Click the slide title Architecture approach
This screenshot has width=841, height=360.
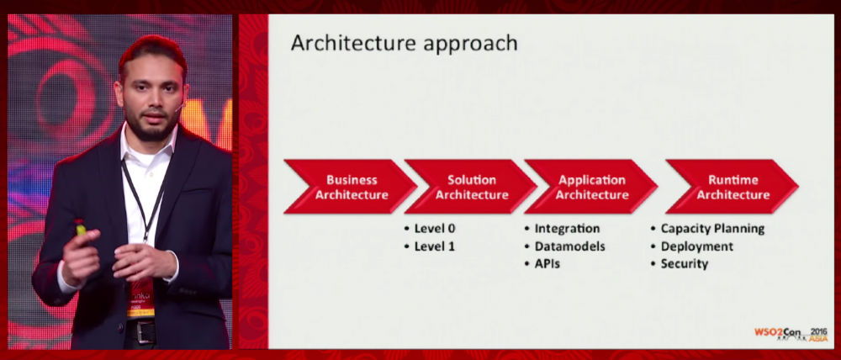tap(404, 43)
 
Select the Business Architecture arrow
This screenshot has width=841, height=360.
tap(351, 187)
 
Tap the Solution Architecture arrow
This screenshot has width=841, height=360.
tap(471, 187)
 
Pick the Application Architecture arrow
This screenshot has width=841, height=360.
tap(591, 187)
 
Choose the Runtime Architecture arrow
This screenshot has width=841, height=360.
tap(733, 187)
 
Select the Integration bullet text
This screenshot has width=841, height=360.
tap(567, 229)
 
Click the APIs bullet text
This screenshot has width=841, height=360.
tap(547, 264)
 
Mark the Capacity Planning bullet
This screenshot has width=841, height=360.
tap(712, 229)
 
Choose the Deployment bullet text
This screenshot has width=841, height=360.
tap(696, 246)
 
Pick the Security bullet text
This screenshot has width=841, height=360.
tap(685, 264)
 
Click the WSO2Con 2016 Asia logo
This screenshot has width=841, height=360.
tap(791, 334)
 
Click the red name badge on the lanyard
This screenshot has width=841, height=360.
tap(140, 297)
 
